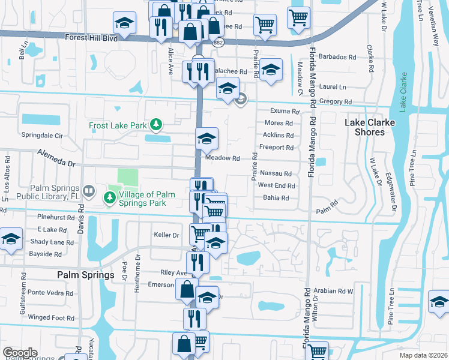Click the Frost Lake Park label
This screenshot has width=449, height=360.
(118, 126)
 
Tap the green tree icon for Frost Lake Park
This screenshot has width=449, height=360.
(156, 124)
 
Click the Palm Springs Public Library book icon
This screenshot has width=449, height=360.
(89, 191)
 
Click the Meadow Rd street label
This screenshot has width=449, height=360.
(223, 158)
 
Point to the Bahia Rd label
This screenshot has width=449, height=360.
(276, 197)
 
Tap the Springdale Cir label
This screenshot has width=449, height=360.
(41, 136)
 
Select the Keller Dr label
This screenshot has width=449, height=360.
(167, 235)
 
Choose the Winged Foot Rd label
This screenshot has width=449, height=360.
(47, 317)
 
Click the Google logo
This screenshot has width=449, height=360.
(20, 353)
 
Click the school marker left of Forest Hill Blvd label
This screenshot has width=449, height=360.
(124, 23)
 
